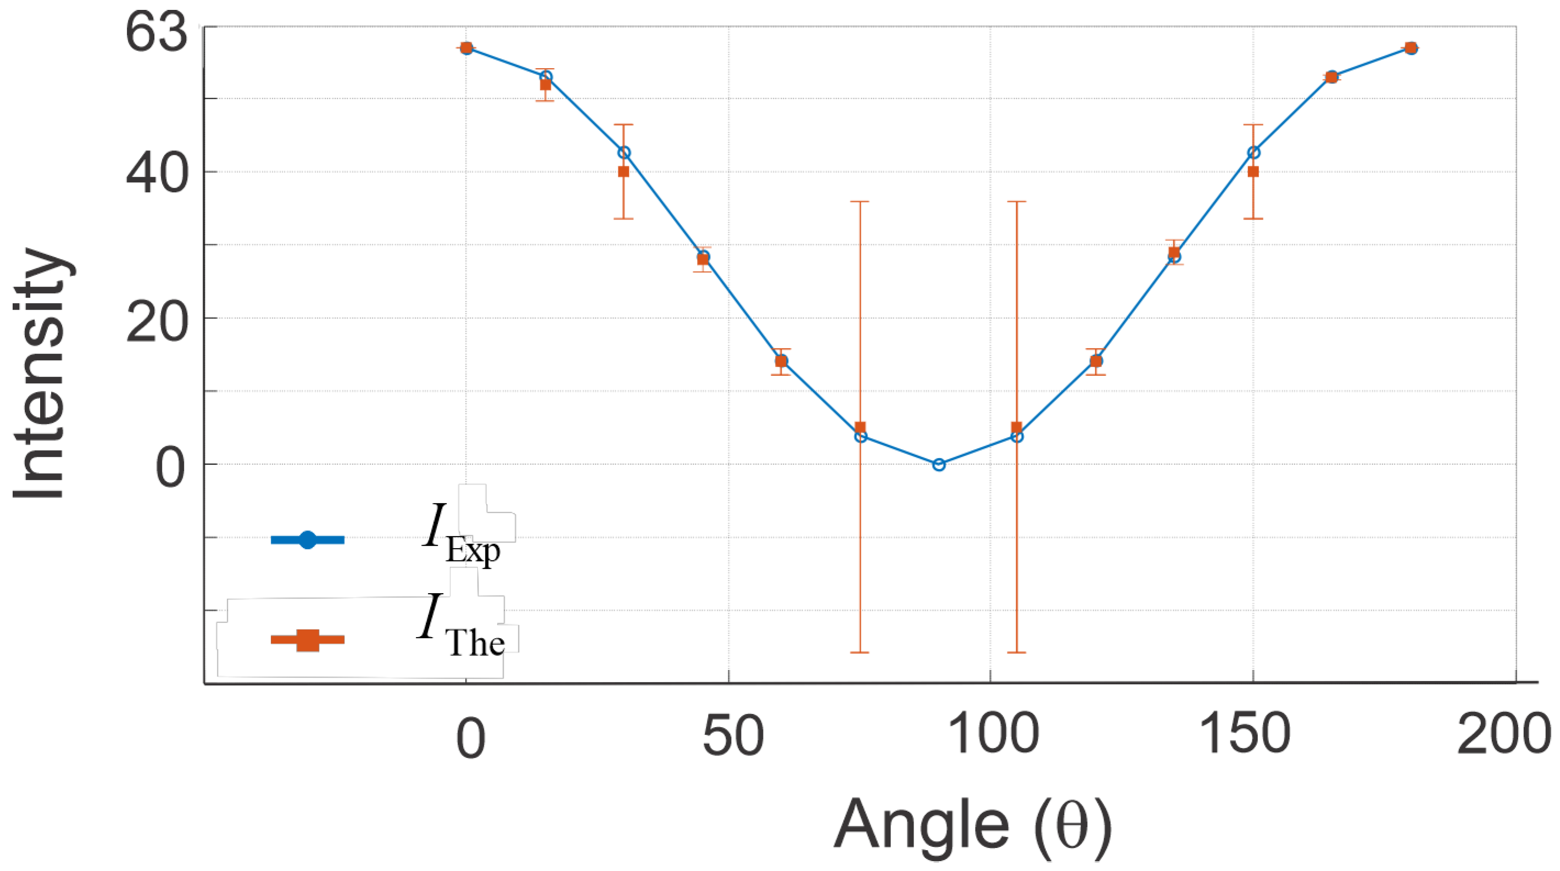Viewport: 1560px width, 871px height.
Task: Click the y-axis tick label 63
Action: coord(156,33)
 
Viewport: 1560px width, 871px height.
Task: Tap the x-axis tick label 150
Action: coord(1245,734)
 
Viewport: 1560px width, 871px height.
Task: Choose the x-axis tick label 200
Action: coord(1503,734)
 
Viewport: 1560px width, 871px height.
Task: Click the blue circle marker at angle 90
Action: coord(939,465)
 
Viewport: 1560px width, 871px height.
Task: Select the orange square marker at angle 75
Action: coord(860,428)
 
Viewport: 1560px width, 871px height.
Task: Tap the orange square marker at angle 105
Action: coord(1017,428)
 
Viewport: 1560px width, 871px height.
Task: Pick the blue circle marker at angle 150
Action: coord(1253,153)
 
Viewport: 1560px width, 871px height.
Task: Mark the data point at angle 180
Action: coord(1411,48)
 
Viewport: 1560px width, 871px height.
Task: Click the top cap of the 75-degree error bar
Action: coord(860,202)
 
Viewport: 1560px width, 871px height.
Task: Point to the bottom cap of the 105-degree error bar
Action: coord(1017,652)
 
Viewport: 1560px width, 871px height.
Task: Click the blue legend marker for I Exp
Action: coord(308,540)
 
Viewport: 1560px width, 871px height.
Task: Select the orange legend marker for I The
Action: coord(308,640)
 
